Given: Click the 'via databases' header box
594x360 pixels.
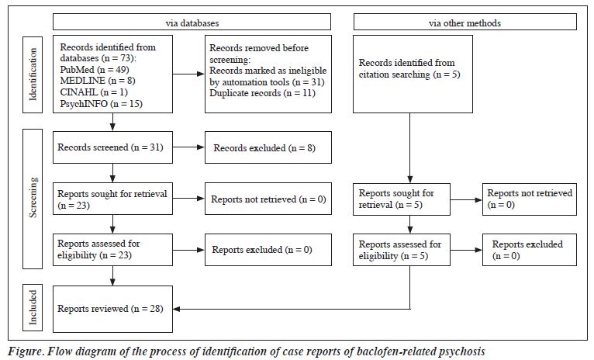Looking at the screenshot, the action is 192,22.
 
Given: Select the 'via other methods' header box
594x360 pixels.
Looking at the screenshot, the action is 464,22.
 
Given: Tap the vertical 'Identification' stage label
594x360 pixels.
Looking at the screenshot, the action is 33,74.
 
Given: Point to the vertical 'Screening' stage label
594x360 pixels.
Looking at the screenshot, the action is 33,199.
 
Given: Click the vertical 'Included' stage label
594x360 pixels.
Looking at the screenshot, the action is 33,307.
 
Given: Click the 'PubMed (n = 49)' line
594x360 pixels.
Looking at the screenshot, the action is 95,70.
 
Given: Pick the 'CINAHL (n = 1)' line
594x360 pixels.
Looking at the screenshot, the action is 94,92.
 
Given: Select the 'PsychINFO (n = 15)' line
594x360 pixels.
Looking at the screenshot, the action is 101,103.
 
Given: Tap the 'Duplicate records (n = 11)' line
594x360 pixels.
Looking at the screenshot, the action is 262,93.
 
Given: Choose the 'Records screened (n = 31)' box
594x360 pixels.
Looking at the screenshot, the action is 112,147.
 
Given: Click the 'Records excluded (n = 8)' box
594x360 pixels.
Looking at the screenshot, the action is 268,147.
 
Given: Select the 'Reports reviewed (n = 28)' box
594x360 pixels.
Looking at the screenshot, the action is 112,309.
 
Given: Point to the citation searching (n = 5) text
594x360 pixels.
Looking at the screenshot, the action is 409,74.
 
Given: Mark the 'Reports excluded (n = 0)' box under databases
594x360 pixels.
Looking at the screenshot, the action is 268,249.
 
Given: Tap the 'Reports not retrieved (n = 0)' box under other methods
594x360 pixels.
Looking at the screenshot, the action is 530,199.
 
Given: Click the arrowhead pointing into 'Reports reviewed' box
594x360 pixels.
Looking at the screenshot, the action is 177,309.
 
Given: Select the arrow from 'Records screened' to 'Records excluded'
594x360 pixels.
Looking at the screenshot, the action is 188,147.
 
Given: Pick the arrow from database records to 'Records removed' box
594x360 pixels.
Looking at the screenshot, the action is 188,74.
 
